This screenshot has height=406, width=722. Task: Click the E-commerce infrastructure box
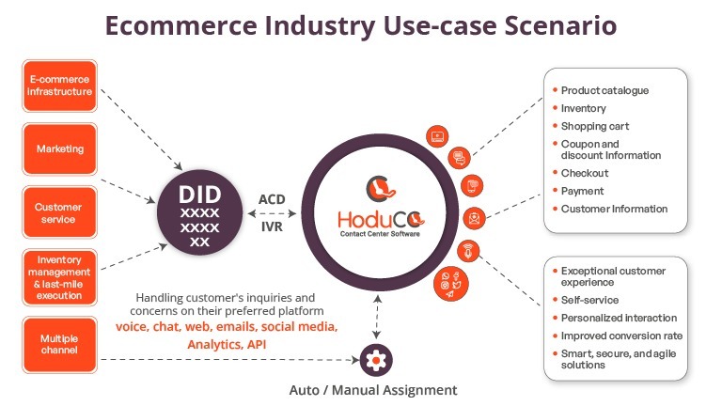point(60,86)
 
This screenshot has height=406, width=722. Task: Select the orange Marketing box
point(60,148)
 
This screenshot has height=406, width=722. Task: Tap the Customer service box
point(60,212)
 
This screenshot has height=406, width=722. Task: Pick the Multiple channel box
point(60,344)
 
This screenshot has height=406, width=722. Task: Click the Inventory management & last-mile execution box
point(60,277)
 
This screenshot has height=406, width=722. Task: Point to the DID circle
point(200,212)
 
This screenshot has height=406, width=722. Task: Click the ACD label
point(272,199)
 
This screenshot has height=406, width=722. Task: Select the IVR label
point(272,226)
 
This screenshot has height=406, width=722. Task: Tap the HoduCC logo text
point(381,220)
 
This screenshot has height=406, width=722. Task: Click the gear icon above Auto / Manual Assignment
point(376,360)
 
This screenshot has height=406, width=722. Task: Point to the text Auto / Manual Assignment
point(373,390)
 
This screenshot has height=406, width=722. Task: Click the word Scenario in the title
point(560,25)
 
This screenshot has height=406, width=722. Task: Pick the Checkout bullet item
point(581,173)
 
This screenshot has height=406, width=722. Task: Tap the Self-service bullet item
point(586,300)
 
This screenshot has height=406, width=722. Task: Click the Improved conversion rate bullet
point(618,336)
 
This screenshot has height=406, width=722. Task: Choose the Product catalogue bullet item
point(601,90)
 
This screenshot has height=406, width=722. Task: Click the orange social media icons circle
point(451,284)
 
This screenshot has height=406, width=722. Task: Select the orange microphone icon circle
point(468,251)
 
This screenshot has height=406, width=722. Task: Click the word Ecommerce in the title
point(180,25)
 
